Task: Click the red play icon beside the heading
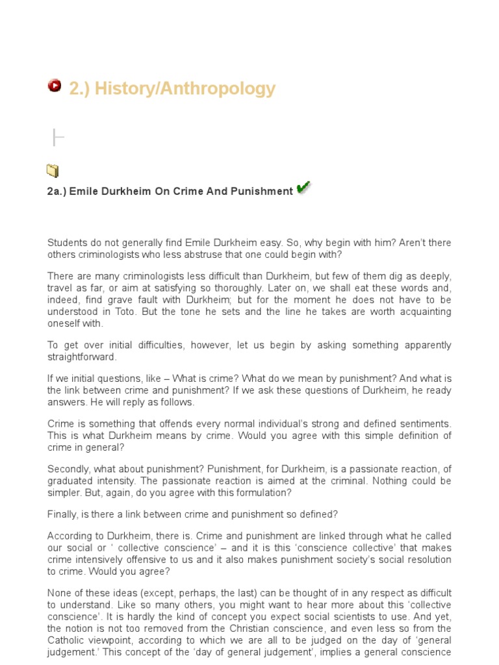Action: tap(55, 86)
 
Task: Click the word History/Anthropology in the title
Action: tap(185, 88)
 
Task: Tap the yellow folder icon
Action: tap(53, 171)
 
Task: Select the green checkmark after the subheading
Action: tap(303, 188)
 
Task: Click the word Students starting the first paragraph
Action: tap(68, 243)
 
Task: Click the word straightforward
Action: tap(82, 357)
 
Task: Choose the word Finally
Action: tap(63, 515)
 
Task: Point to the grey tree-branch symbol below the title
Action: tap(57, 137)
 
